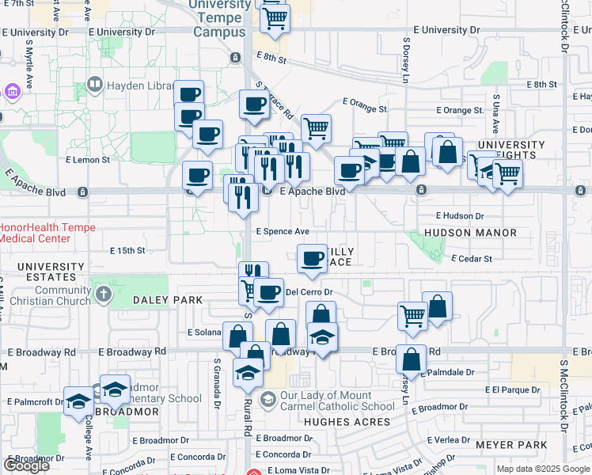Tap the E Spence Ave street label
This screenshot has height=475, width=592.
pos(283,231)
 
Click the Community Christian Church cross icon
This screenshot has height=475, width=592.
pos(103,295)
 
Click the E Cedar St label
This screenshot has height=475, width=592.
pos(472,258)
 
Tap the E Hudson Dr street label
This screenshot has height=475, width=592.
pos(460,215)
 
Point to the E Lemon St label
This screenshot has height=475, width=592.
pos(88,159)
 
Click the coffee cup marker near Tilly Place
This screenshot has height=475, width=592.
pos(313,258)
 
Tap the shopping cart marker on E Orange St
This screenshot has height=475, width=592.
pos(316,128)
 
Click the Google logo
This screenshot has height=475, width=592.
pos(26,465)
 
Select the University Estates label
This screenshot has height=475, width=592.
pos(51,272)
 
